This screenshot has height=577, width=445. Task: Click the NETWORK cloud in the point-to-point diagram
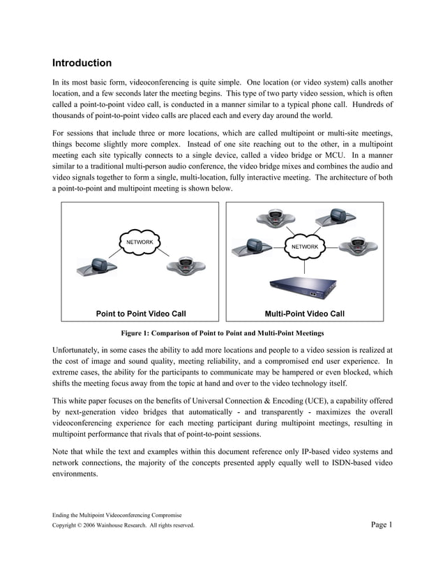pos(139,242)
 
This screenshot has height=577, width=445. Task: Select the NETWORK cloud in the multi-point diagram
pos(304,247)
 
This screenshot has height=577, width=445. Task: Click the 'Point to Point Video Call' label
pos(141,314)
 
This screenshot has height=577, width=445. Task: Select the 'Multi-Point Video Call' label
pos(304,314)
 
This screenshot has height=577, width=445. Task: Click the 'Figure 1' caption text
pos(222,333)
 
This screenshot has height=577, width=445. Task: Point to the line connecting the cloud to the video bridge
pos(305,264)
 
